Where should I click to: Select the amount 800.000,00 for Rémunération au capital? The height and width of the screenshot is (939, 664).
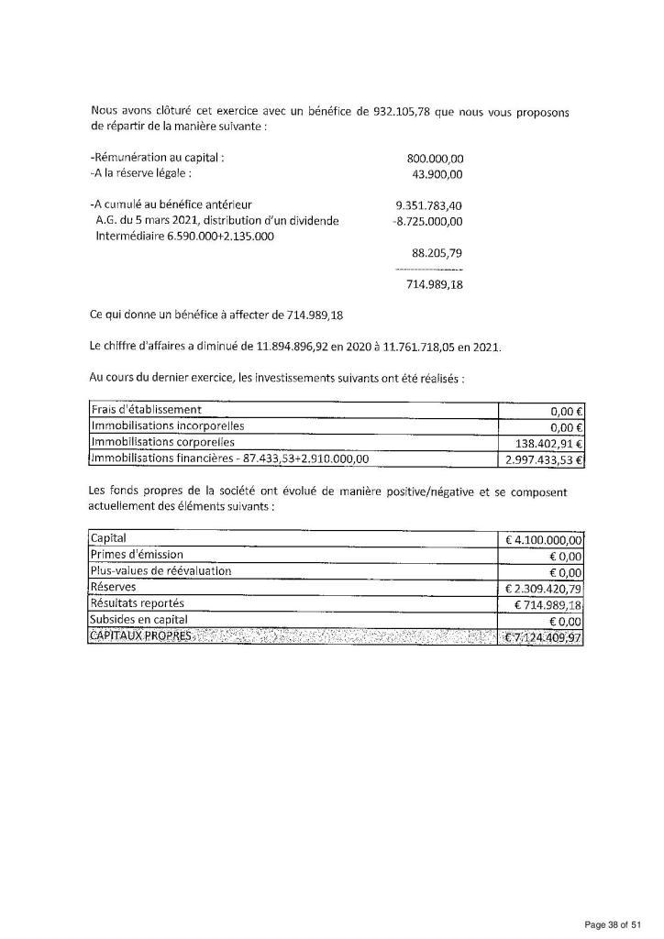pyautogui.click(x=435, y=158)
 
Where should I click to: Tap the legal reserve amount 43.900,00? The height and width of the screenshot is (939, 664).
pyautogui.click(x=438, y=173)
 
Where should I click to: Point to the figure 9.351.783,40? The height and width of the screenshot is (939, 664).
pyautogui.click(x=429, y=204)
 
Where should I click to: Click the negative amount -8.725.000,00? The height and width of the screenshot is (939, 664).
pyautogui.click(x=427, y=221)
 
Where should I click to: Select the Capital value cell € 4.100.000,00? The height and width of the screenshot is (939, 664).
pyautogui.click(x=544, y=539)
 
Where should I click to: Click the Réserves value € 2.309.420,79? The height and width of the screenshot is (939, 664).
pyautogui.click(x=544, y=588)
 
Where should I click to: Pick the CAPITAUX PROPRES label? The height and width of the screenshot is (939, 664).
pyautogui.click(x=141, y=636)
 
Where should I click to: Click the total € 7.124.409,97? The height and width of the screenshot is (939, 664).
pyautogui.click(x=544, y=637)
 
